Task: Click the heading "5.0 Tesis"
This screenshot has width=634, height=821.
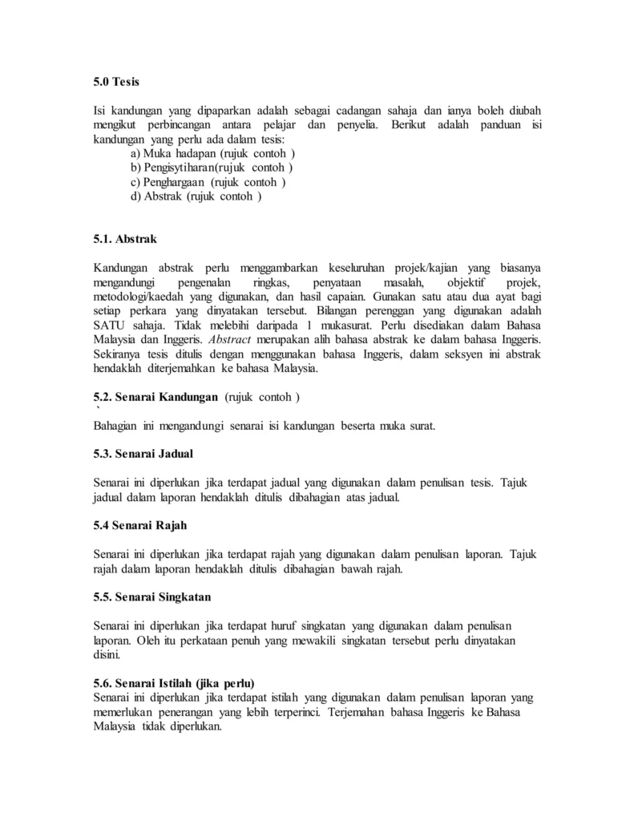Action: [117, 82]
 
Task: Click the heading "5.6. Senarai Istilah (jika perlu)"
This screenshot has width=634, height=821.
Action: [174, 684]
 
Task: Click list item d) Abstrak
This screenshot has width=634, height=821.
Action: [196, 196]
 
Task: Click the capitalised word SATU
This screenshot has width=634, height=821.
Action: [110, 326]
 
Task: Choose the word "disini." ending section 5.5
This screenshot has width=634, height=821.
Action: [109, 655]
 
